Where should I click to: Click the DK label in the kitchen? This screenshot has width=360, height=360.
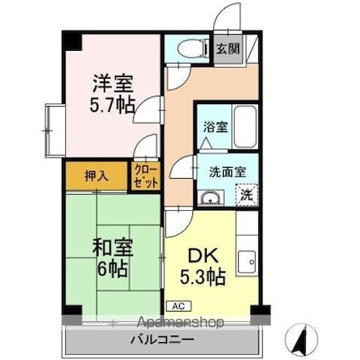201,255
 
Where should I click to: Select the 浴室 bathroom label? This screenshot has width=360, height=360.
213,126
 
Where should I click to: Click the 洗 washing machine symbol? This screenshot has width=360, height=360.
245,194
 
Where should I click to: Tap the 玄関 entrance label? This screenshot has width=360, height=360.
227,48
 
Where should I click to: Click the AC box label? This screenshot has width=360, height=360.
179,306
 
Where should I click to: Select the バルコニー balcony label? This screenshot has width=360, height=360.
162,340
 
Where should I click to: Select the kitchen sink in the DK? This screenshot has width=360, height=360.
248,262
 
